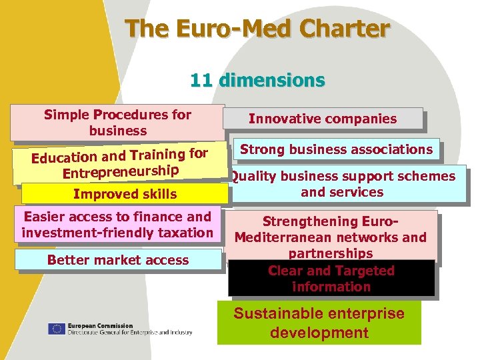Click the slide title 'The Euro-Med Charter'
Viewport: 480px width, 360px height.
tap(257, 29)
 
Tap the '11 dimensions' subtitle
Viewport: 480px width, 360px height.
tap(257, 81)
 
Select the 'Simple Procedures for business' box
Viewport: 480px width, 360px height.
tap(117, 123)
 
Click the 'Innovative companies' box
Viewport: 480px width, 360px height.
tap(323, 119)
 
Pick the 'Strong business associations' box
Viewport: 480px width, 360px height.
tap(336, 149)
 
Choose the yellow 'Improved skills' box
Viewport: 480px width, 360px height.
tap(125, 194)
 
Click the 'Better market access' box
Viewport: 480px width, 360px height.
tap(118, 260)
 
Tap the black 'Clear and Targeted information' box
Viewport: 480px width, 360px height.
tap(331, 279)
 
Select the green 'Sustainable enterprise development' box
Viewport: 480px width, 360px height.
tap(319, 323)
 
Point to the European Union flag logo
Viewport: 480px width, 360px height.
tap(57, 329)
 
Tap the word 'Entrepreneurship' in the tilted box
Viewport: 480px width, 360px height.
tap(121, 171)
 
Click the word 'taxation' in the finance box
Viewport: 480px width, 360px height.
tap(185, 233)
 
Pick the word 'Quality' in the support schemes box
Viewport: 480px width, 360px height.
tap(252, 177)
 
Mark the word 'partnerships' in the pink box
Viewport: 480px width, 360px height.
tap(331, 253)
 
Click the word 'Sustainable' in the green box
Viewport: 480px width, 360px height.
tap(277, 313)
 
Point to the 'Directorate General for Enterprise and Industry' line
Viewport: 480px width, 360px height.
tap(129, 332)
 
